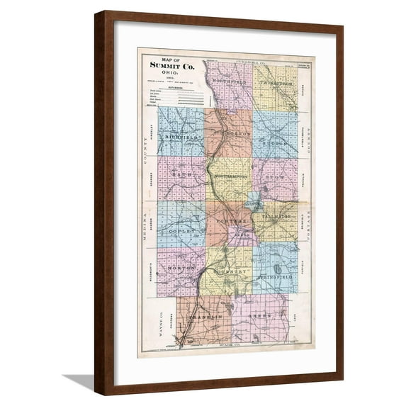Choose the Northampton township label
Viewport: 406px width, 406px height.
230,175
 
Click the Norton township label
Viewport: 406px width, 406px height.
181,269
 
